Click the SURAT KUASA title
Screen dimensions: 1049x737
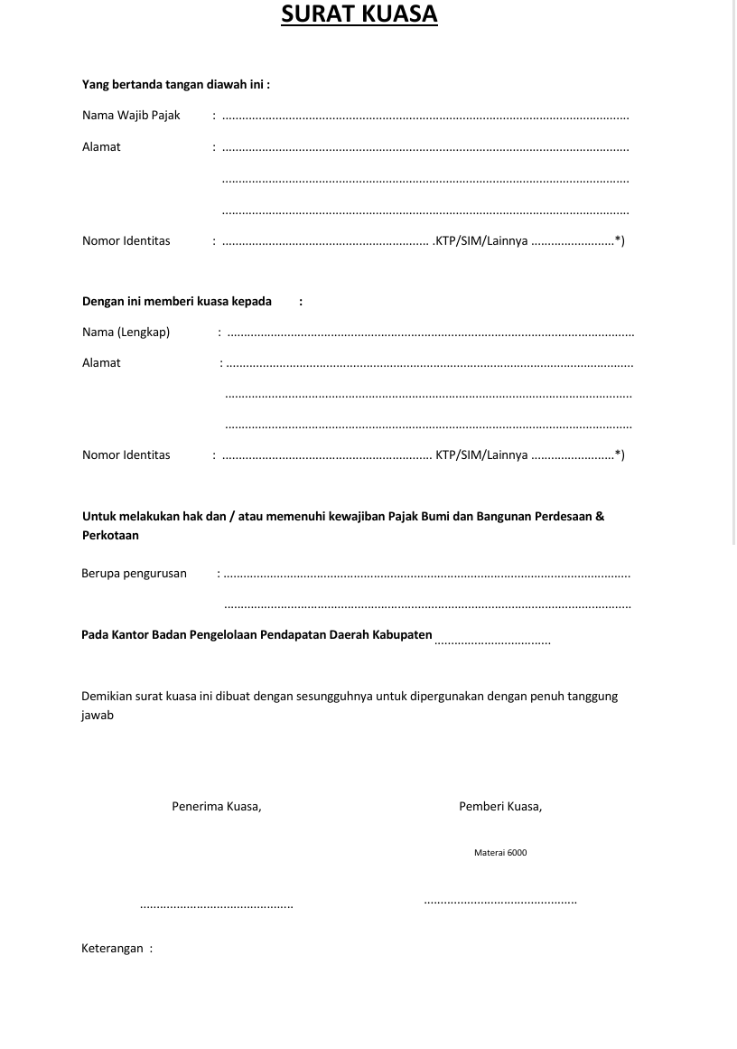tap(359, 14)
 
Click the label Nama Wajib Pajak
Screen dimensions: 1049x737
tap(131, 116)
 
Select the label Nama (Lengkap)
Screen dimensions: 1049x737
tap(126, 332)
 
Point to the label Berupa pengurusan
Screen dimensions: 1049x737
tap(134, 573)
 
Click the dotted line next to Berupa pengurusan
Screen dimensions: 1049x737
tap(426, 575)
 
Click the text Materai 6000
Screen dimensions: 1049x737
tap(500, 853)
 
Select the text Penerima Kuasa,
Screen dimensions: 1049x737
tap(217, 807)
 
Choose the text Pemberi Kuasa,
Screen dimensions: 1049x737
tap(500, 807)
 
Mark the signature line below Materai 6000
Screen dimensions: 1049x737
tap(500, 901)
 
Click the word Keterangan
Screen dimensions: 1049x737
tap(112, 949)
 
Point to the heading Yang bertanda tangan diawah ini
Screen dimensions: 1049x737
tap(176, 85)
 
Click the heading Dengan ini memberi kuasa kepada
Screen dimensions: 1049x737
tap(177, 302)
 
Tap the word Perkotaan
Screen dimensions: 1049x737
tap(110, 536)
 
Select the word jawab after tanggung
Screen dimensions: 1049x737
tap(98, 716)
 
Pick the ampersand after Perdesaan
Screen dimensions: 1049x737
tap(600, 517)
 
